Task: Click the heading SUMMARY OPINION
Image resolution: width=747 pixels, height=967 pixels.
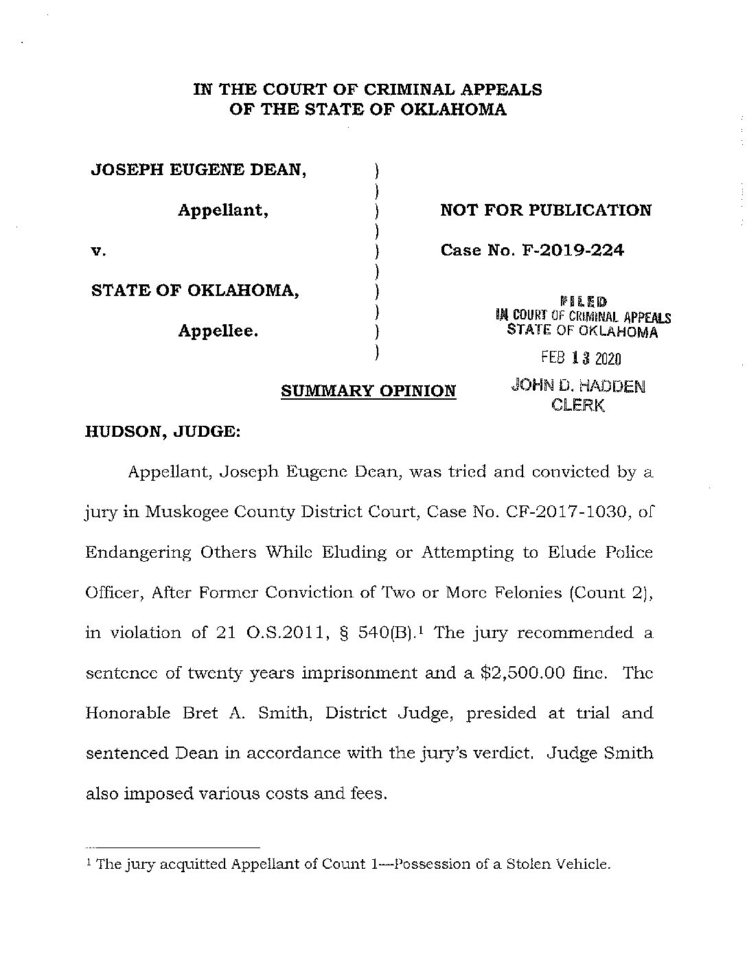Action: [x=369, y=391]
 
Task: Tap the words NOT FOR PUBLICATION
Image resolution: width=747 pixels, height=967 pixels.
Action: [x=546, y=210]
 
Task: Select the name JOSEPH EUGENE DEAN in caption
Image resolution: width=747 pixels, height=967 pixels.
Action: [x=199, y=170]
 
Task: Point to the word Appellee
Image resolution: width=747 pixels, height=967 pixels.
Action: [x=218, y=331]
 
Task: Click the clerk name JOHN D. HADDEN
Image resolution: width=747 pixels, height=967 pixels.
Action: [x=578, y=386]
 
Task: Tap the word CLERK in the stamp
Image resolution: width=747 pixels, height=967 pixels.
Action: [x=578, y=405]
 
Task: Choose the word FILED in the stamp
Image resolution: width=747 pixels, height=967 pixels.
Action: [x=584, y=301]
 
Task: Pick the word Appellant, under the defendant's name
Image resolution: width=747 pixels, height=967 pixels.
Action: [x=223, y=210]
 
